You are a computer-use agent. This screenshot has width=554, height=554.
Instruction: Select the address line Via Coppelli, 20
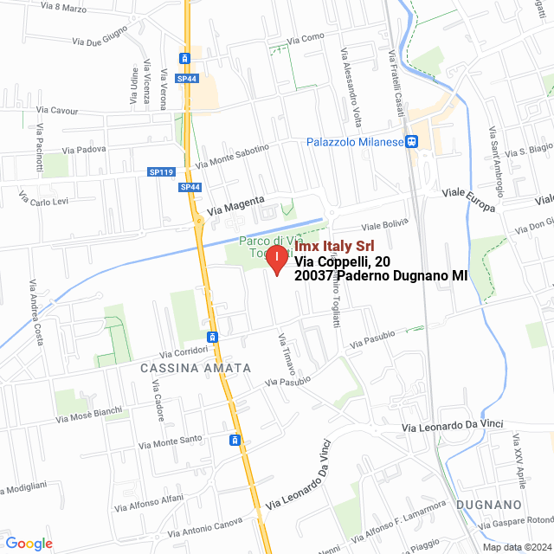pyautogui.click(x=341, y=262)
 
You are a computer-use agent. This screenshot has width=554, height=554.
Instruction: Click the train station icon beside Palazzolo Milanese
pyautogui.click(x=413, y=142)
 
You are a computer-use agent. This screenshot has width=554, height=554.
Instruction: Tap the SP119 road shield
pyautogui.click(x=161, y=172)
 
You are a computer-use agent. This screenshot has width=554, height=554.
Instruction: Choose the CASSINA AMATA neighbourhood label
pyautogui.click(x=195, y=368)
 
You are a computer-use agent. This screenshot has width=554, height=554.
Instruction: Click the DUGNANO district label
pyautogui.click(x=490, y=505)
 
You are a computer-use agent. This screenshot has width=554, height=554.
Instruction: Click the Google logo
pyautogui.click(x=29, y=544)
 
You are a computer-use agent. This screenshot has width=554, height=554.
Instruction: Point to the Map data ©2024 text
pyautogui.click(x=517, y=546)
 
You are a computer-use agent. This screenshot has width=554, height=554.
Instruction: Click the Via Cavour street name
pyautogui.click(x=57, y=111)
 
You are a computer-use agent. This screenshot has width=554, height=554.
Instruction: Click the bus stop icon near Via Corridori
pyautogui.click(x=212, y=336)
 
